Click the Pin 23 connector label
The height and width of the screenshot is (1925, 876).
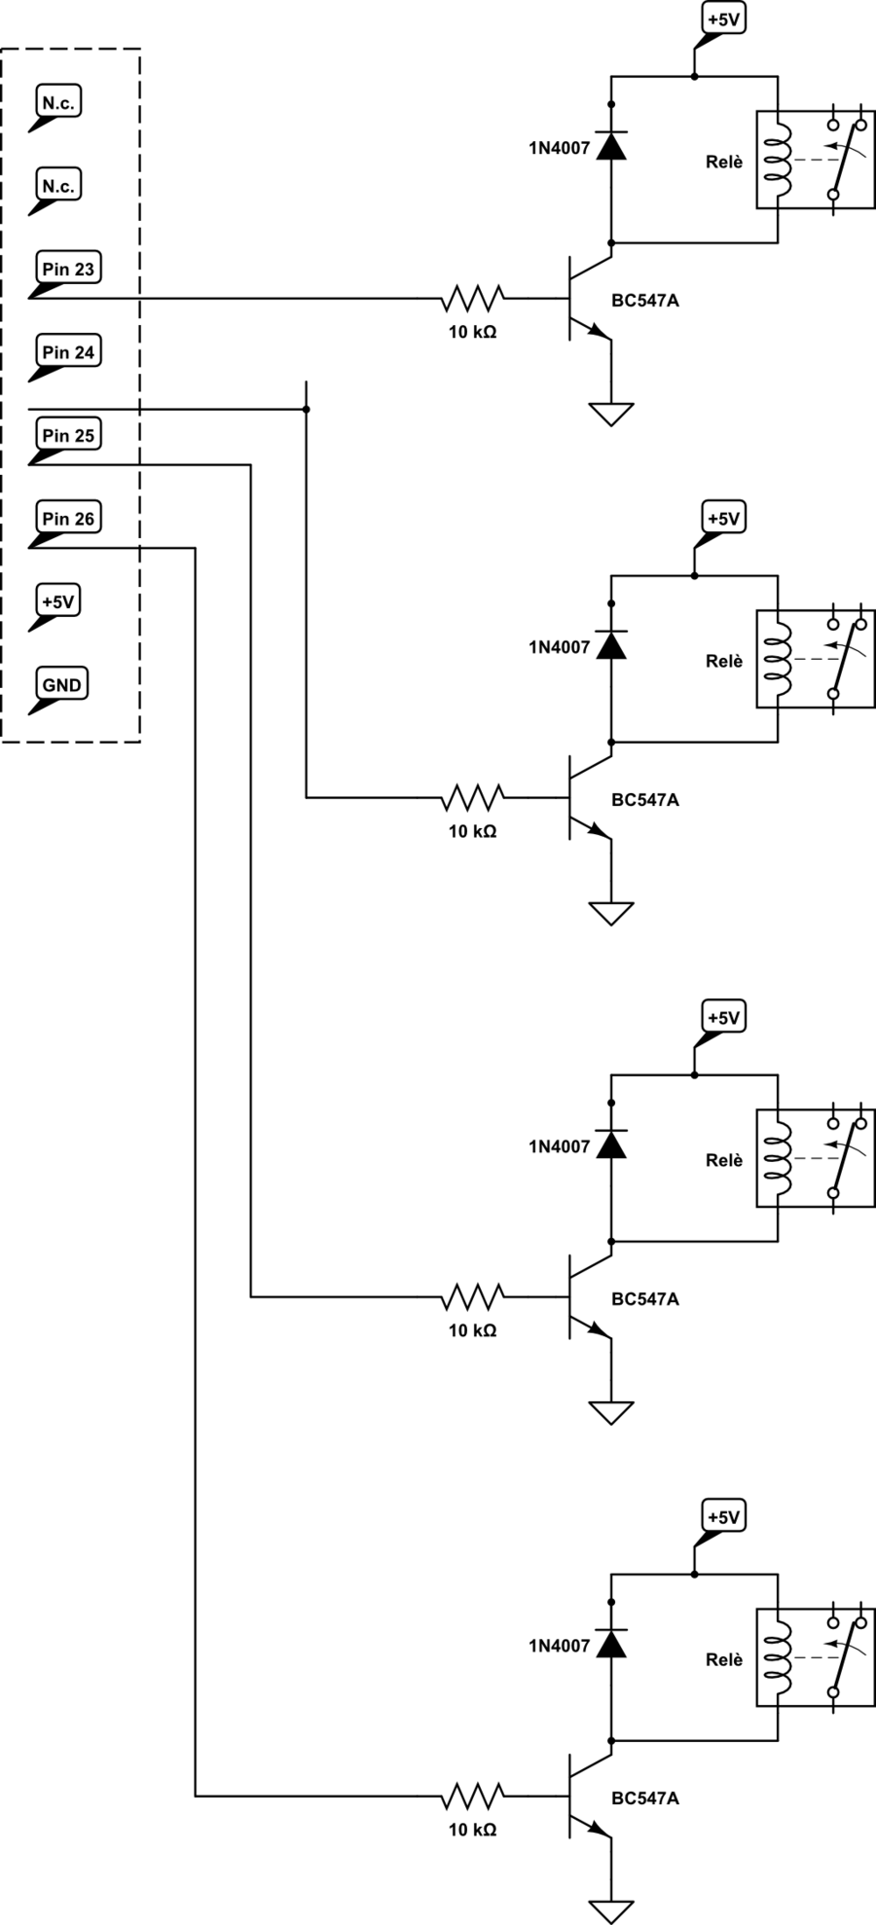68,270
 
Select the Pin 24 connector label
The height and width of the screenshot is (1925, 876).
68,352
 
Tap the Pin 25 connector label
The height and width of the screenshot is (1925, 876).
68,436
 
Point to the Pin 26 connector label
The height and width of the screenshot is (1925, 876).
68,519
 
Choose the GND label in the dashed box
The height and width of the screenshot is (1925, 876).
61,685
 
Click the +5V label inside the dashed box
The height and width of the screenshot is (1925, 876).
57,601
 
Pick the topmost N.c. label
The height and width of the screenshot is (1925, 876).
57,102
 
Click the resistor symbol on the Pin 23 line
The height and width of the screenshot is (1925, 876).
473,298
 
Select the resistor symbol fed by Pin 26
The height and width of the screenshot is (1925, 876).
473,1796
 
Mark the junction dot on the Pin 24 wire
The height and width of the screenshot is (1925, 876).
307,410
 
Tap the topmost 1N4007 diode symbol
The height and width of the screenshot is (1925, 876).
611,146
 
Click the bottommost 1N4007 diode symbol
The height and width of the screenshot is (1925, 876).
611,1644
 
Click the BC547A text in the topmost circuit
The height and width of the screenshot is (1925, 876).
645,301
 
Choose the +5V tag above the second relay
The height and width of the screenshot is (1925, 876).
723,519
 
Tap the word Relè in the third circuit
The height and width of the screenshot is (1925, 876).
724,1160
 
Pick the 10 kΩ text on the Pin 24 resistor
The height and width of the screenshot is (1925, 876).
473,832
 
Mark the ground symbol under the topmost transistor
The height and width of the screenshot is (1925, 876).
611,414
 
